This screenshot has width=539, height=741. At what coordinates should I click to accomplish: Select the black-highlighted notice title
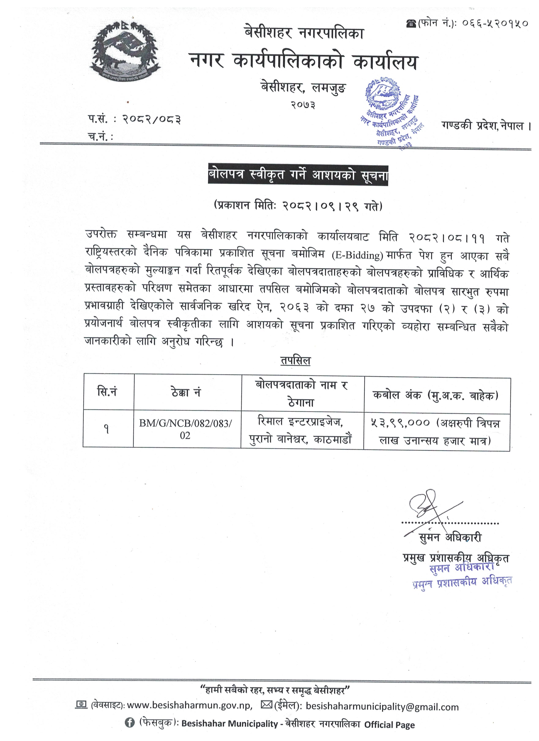[x=298, y=175]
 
